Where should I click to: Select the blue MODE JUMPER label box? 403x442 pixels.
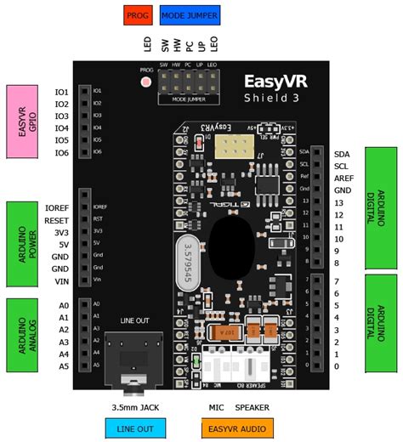pyautogui.click(x=189, y=14)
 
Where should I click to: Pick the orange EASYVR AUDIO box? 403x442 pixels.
pyautogui.click(x=240, y=428)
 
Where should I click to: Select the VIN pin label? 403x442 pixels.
pyautogui.click(x=60, y=280)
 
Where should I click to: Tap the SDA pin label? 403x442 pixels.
pyautogui.click(x=343, y=154)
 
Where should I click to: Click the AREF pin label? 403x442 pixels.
pyautogui.click(x=345, y=178)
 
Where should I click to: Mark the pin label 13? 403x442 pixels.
pyautogui.click(x=340, y=203)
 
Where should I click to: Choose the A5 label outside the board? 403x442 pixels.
pyautogui.click(x=63, y=366)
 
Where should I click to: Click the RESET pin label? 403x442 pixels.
pyautogui.click(x=56, y=219)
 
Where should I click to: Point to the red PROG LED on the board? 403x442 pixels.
pyautogui.click(x=145, y=82)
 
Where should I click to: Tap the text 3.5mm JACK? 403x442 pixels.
pyautogui.click(x=134, y=407)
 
